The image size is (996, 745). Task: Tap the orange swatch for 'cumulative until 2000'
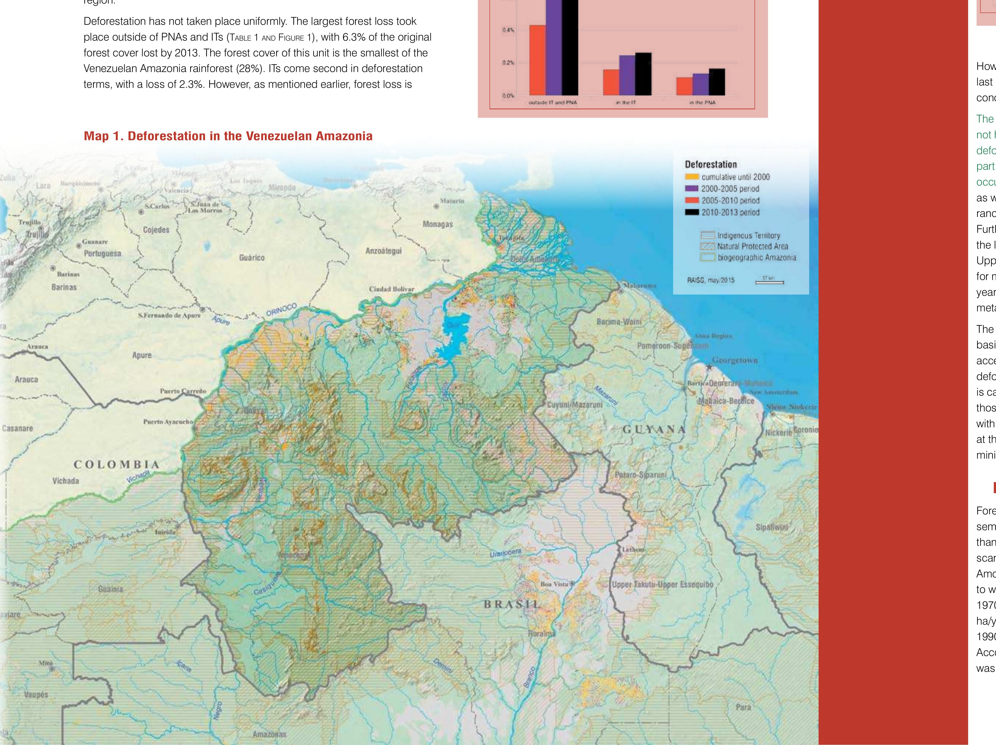tap(692, 177)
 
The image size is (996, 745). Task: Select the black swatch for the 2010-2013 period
tap(692, 212)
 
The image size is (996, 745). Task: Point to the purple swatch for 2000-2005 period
tap(692, 189)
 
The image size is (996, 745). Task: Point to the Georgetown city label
tap(735, 360)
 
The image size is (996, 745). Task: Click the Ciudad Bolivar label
tap(391, 289)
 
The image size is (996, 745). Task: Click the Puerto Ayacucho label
tap(168, 422)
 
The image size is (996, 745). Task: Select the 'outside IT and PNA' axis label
tap(553, 103)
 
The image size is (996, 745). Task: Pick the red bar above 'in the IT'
tap(611, 82)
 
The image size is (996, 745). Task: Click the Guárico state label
tap(252, 258)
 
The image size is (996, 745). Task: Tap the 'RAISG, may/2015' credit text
tap(711, 280)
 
